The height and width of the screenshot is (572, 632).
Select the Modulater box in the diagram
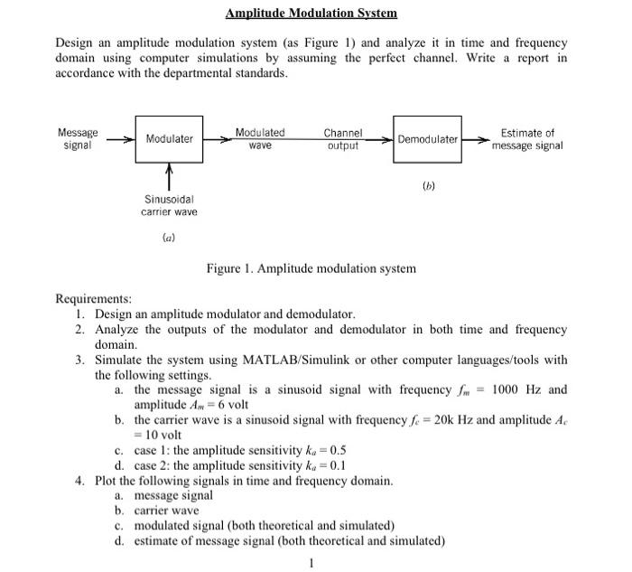coord(169,139)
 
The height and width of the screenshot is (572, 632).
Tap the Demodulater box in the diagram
coord(427,139)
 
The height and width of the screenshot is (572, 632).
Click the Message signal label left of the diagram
coord(78,138)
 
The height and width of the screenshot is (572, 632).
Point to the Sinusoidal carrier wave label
coord(169,204)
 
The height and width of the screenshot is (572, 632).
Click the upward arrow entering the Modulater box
coord(169,174)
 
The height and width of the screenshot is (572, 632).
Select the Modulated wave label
coord(260,138)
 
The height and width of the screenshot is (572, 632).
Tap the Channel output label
coord(343,138)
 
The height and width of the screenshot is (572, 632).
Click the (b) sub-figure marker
coord(428,187)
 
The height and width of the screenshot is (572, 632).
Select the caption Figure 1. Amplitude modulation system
coord(311,268)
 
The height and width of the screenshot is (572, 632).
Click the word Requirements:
coord(93,298)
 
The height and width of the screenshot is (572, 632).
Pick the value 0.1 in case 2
coord(338,465)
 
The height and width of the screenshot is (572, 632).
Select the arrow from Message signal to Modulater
coord(121,139)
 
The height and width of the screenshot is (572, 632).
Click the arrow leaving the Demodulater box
coord(476,139)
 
